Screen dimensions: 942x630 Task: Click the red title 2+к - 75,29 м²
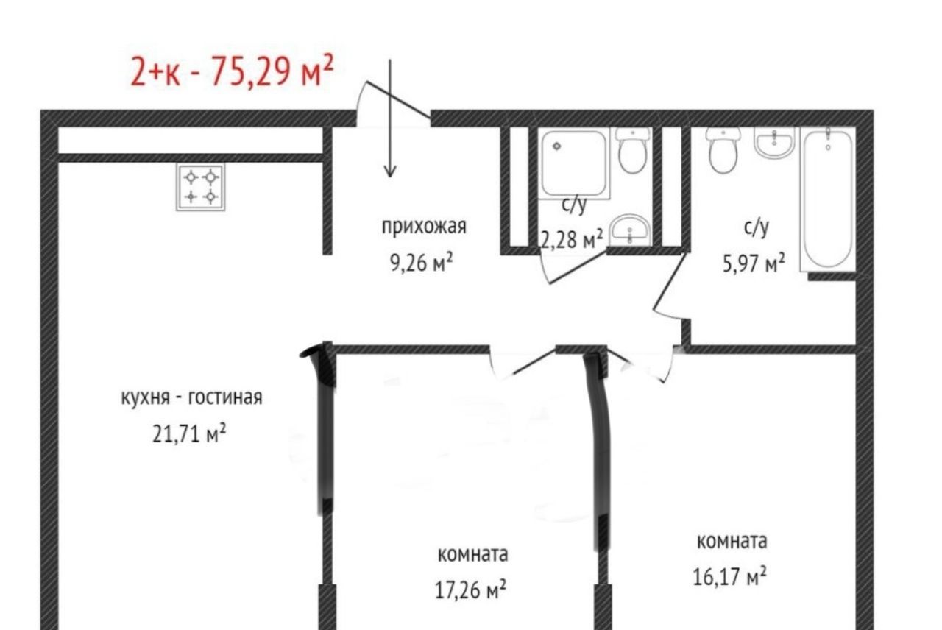tap(232, 71)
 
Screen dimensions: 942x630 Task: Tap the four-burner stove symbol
tap(201, 187)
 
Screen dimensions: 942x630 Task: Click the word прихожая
tap(424, 227)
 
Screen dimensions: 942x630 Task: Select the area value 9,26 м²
tap(422, 263)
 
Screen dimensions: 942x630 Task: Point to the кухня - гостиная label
tap(192, 397)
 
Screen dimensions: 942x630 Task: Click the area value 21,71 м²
tap(189, 433)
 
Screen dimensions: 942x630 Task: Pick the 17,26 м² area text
tap(470, 590)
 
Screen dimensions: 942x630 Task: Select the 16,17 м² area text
tap(729, 576)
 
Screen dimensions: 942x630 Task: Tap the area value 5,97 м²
tap(754, 263)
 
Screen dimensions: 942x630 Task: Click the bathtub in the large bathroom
tap(829, 199)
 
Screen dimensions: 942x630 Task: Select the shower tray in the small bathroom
tap(574, 163)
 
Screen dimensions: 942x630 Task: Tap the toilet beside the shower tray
tap(632, 150)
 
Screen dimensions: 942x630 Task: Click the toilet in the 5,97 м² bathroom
tap(723, 150)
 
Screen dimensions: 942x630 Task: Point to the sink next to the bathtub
tap(774, 143)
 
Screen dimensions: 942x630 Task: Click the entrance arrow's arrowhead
tap(390, 171)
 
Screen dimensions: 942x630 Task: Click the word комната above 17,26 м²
tap(472, 555)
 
